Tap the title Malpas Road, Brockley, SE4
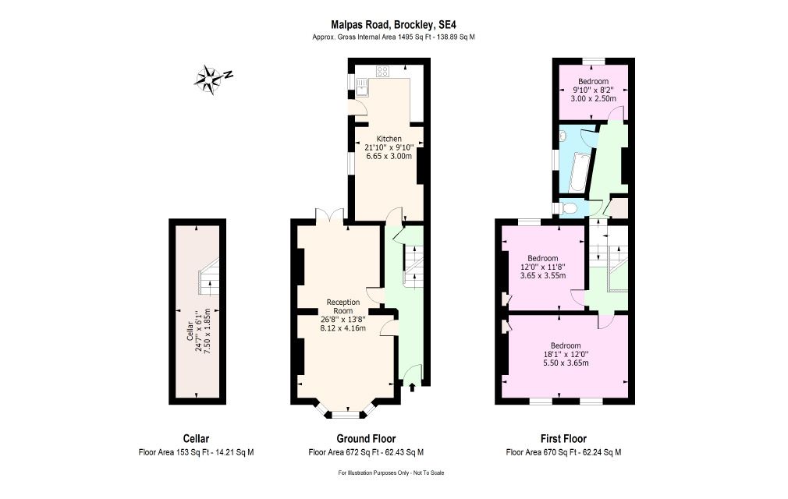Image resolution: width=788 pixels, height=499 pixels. pos(393,25)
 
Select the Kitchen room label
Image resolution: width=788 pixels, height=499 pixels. pos(389,139)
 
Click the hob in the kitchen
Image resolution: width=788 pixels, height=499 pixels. pos(382,71)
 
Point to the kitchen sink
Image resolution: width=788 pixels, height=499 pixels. pos(361,87)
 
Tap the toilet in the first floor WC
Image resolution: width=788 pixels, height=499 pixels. pos(569,208)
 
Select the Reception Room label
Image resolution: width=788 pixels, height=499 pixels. pos(343,306)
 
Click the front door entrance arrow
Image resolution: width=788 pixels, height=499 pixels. pos(413,387)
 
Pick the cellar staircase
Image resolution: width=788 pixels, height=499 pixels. pos(208,277)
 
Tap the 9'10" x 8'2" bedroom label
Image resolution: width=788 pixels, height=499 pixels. pos(593,90)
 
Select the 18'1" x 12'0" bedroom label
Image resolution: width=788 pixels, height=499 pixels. pos(566,355)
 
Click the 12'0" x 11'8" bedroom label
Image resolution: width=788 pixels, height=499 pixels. pos(543,267)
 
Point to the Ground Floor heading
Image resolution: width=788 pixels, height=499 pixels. pos(366,439)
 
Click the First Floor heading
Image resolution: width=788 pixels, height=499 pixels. pos(563,439)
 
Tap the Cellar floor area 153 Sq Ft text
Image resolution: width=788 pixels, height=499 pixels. pos(196,452)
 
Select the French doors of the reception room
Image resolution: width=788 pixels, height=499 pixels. pos(330,215)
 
